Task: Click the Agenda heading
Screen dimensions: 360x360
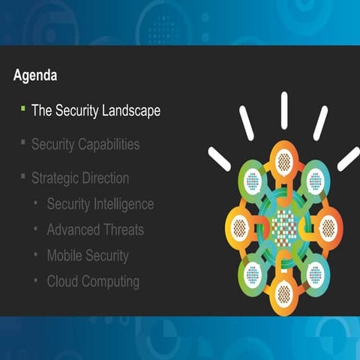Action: (x=36, y=76)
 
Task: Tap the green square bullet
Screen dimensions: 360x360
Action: (x=23, y=108)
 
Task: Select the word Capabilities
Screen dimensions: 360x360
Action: (x=109, y=144)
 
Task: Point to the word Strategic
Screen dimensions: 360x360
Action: (x=55, y=178)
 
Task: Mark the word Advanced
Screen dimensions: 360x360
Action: (x=73, y=229)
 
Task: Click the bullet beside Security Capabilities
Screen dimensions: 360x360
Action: (x=23, y=142)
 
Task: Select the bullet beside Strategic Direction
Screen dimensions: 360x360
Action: (x=23, y=177)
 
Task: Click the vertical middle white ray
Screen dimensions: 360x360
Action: (x=284, y=109)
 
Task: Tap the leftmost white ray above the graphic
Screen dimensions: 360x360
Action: (x=219, y=157)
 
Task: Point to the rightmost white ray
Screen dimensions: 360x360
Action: (x=348, y=157)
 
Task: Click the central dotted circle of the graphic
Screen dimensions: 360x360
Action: (x=284, y=224)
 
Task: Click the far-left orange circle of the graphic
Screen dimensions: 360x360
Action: (x=240, y=224)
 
